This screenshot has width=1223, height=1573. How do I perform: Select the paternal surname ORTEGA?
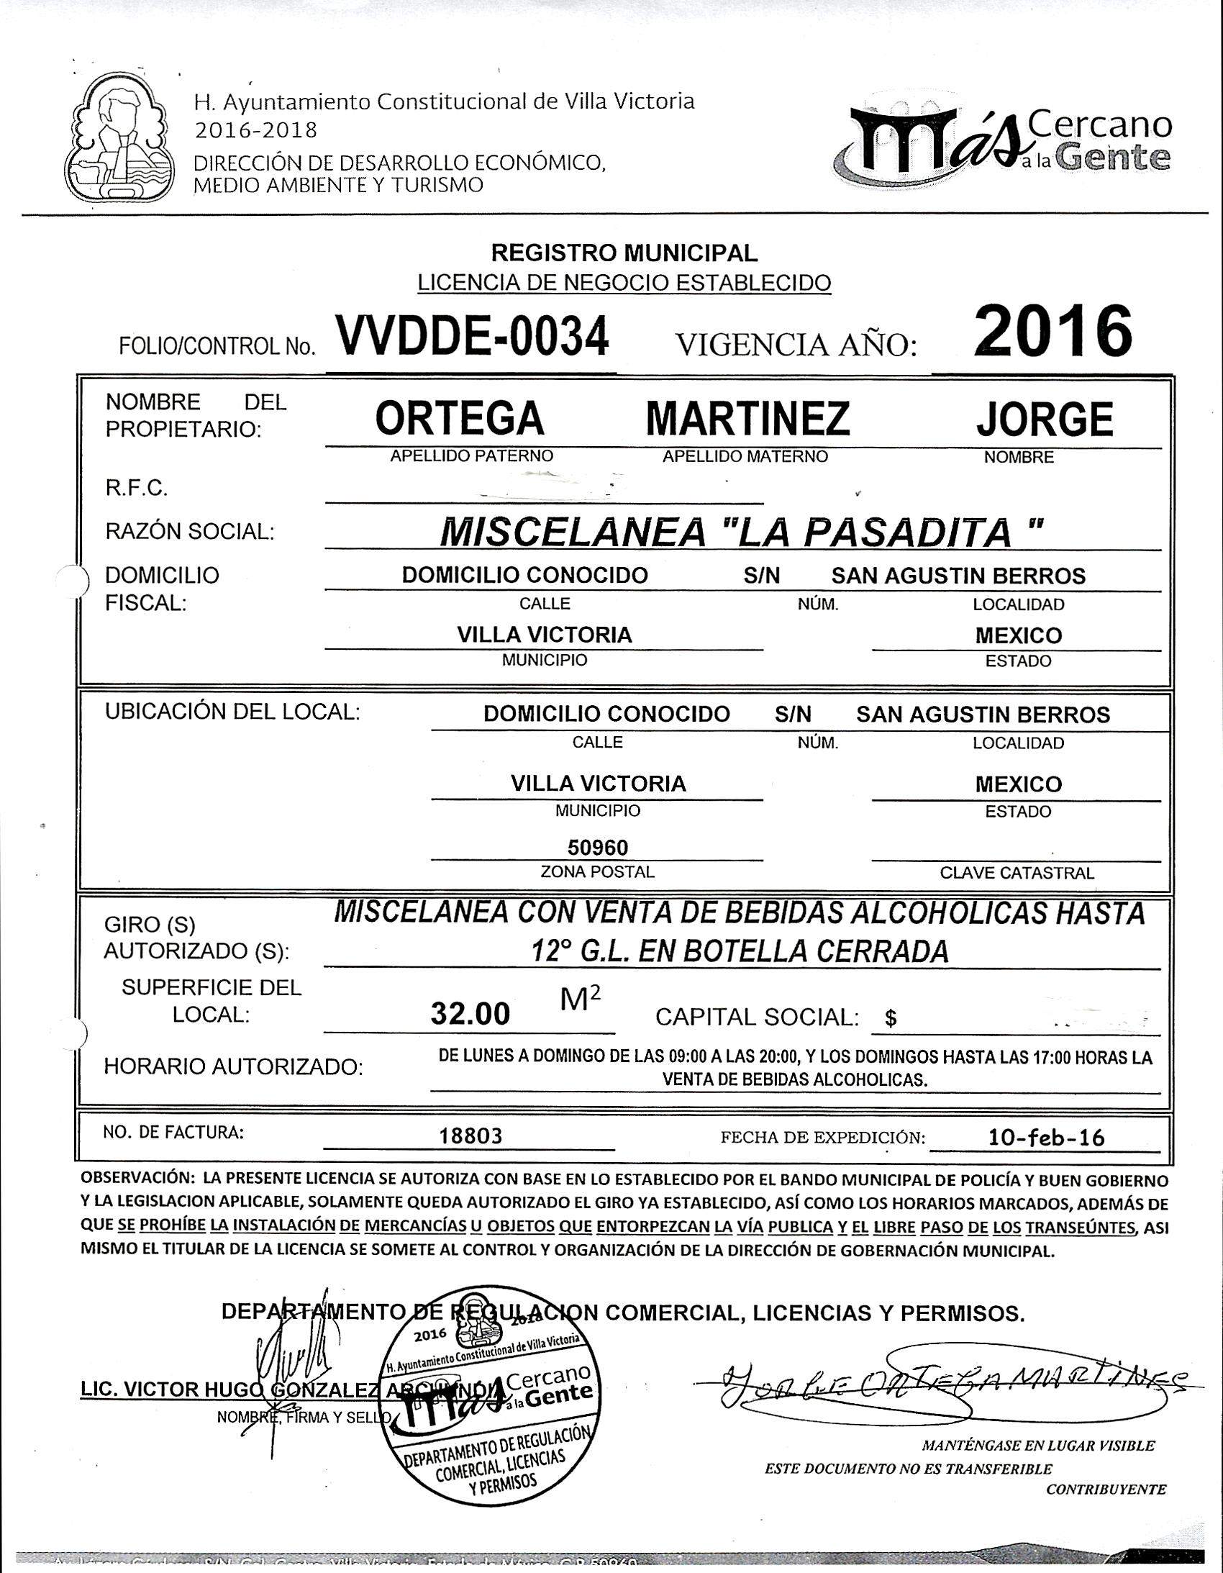point(459,419)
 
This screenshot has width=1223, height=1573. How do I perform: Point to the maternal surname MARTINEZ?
point(747,419)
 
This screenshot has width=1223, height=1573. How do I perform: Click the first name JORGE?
point(1044,419)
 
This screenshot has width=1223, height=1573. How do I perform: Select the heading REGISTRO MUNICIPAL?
point(624,253)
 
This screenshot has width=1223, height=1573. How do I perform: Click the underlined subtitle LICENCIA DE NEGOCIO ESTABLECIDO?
point(624,282)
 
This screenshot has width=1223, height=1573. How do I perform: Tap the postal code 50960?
point(598,846)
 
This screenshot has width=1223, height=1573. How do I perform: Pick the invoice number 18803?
point(470,1136)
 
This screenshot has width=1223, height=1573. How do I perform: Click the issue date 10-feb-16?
point(1047,1137)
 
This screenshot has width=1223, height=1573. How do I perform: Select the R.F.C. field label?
point(137,489)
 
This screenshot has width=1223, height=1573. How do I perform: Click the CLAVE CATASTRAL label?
point(1017,873)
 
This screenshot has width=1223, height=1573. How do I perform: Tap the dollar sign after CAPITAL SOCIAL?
point(891,1018)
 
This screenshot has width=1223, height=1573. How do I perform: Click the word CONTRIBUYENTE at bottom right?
point(1106,1489)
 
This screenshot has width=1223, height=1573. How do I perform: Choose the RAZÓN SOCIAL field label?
point(189,532)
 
